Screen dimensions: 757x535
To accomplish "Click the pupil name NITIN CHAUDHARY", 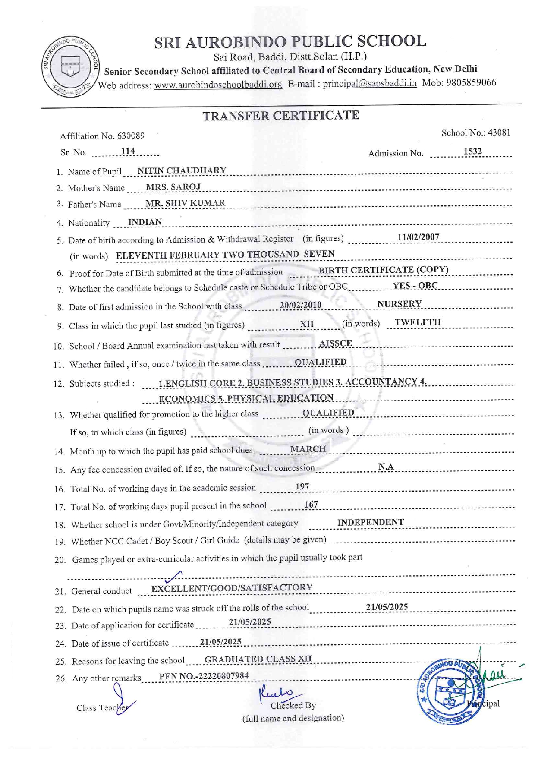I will tap(182, 170).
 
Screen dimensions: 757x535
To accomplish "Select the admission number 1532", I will tap(472, 151).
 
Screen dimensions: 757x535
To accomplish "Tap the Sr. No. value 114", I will tap(128, 151).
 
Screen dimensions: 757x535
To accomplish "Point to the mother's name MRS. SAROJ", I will tap(173, 187).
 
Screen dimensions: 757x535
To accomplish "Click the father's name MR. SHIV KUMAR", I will tap(185, 203).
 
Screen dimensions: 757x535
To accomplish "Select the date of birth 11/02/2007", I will tap(418, 237).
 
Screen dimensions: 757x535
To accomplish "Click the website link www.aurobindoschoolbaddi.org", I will tap(218, 85).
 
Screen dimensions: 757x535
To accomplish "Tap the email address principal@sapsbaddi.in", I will tap(370, 83).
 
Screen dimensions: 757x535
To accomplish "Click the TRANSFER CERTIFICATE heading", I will tap(281, 116).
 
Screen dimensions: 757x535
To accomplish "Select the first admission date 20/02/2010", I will tap(300, 305).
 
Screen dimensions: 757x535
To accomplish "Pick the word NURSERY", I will tap(400, 304).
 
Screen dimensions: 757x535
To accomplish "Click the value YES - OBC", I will tap(415, 286).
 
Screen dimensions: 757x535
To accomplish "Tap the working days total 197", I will tap(302, 487).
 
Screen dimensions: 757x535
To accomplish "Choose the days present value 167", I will tap(311, 505).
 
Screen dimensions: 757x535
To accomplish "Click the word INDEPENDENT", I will tap(371, 522).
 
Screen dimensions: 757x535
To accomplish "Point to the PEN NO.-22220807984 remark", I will tap(204, 676).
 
